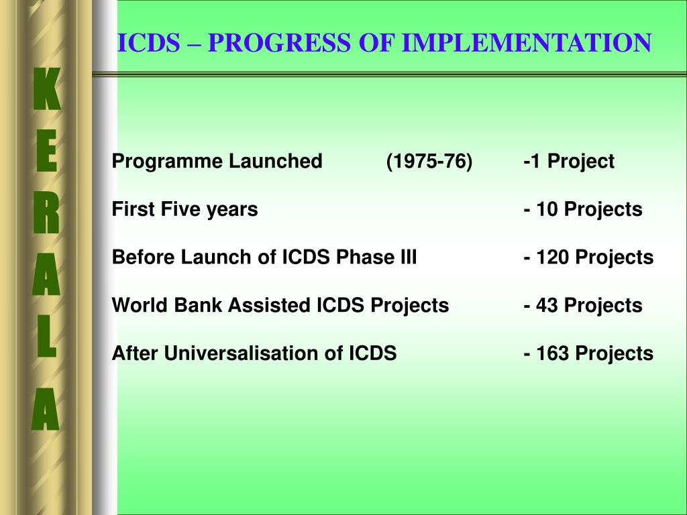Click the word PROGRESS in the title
click(279, 42)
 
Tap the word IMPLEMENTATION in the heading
click(527, 42)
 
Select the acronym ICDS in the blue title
click(148, 42)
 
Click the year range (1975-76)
click(429, 161)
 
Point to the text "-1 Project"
click(569, 161)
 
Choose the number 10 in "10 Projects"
click(547, 209)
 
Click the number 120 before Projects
click(553, 257)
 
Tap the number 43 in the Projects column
click(547, 305)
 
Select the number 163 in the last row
click(553, 353)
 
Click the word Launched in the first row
click(276, 161)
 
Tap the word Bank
click(198, 305)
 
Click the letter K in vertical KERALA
click(46, 89)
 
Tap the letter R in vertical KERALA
click(46, 212)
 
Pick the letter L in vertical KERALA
click(46, 337)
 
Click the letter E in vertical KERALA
click(46, 150)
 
